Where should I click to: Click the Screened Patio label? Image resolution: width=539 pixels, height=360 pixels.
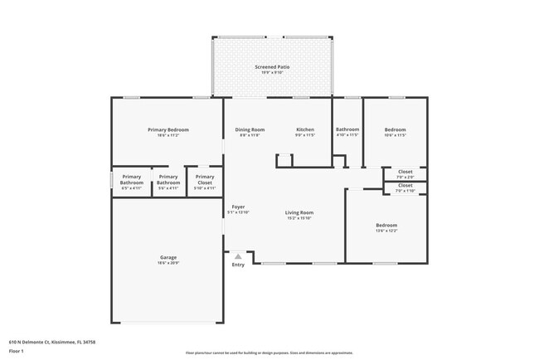(272, 66)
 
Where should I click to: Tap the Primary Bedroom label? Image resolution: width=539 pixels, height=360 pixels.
(168, 130)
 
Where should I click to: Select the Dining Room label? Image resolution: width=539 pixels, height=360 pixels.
(250, 130)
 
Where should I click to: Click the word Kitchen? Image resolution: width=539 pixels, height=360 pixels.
(306, 130)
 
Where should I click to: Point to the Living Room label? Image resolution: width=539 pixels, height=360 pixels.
(299, 212)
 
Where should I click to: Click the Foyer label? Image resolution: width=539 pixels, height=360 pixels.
(238, 207)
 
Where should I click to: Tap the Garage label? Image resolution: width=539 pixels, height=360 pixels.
(168, 257)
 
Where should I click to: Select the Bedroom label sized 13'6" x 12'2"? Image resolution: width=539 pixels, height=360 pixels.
(386, 226)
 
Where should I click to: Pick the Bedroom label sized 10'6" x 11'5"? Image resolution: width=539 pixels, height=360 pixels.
(395, 130)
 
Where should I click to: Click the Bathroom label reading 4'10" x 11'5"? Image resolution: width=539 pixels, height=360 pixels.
(347, 130)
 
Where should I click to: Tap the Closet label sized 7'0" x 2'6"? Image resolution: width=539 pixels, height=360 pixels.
(405, 172)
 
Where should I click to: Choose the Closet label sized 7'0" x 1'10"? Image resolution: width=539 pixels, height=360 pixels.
(405, 185)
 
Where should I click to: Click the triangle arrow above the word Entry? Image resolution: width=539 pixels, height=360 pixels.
(238, 257)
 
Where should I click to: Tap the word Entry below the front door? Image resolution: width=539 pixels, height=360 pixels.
(238, 265)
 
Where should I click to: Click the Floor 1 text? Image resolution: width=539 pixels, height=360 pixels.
(17, 350)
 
